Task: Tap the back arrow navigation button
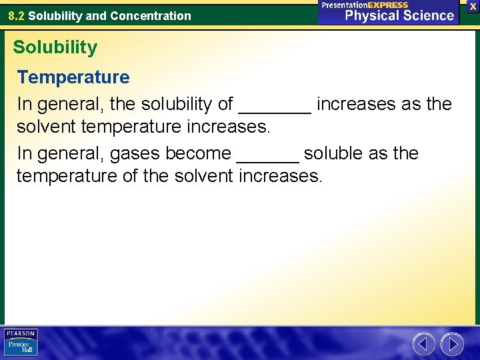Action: [424, 344]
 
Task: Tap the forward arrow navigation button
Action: [452, 344]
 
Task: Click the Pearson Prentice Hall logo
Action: [21, 343]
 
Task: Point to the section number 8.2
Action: [17, 16]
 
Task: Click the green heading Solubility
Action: [55, 47]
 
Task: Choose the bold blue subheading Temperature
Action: [73, 77]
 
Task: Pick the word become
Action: [198, 153]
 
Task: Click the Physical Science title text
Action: [399, 15]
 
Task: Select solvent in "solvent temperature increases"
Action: [47, 127]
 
